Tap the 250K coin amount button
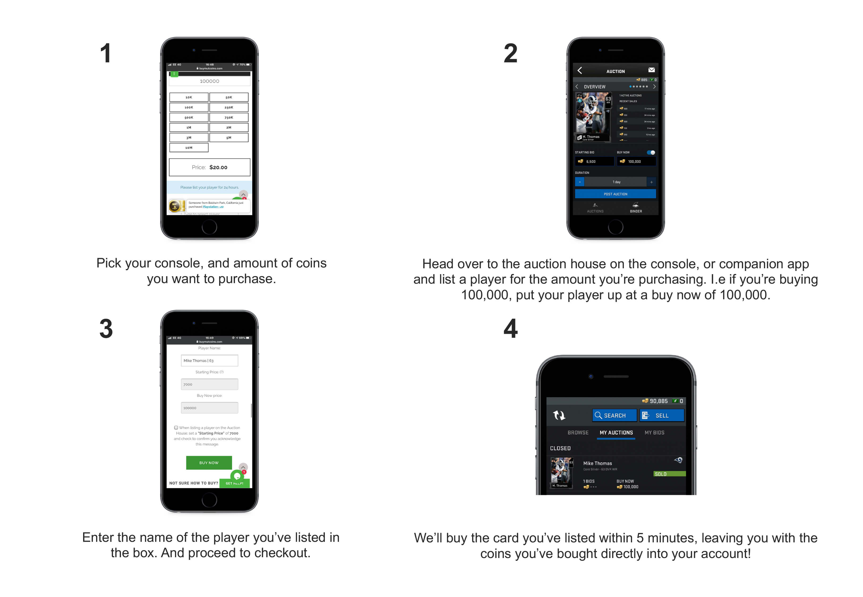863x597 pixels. click(x=229, y=107)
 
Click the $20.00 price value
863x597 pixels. click(x=218, y=167)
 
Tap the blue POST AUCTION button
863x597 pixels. click(x=615, y=194)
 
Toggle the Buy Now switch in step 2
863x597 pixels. click(x=651, y=152)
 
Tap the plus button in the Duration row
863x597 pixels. click(x=651, y=182)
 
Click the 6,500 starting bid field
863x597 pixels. click(x=594, y=161)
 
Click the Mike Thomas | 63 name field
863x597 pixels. click(x=209, y=360)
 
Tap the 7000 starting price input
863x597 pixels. click(x=209, y=384)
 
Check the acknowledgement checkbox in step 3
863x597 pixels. click(x=176, y=427)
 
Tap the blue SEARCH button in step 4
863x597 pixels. click(x=614, y=415)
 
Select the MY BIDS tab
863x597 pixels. click(x=654, y=432)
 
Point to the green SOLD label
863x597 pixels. click(x=669, y=474)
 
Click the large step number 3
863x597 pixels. click(x=106, y=329)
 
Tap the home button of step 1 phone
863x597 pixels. click(x=209, y=227)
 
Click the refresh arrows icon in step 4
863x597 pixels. click(x=559, y=415)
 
